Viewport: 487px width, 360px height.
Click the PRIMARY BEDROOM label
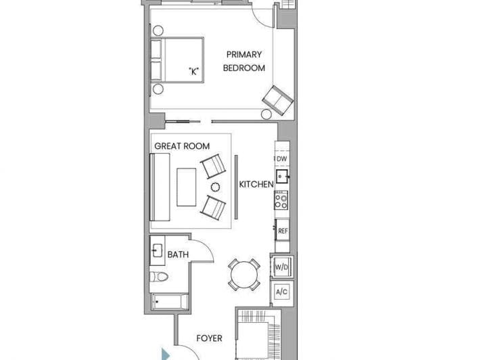click(244, 61)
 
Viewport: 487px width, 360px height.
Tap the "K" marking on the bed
click(194, 72)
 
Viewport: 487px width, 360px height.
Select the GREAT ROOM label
click(182, 146)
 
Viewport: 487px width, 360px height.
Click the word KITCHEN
click(256, 185)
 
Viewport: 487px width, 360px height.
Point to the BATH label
click(178, 254)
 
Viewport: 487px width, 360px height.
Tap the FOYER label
click(209, 338)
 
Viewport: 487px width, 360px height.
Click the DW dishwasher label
click(281, 159)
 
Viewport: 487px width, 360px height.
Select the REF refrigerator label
click(283, 231)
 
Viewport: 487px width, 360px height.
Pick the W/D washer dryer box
click(281, 267)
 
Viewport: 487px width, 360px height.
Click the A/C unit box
click(281, 292)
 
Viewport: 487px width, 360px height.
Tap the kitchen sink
click(282, 177)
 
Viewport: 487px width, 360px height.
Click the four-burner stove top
click(281, 200)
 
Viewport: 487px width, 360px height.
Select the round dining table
click(244, 275)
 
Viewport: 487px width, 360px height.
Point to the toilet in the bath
click(159, 277)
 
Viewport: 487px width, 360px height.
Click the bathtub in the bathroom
click(170, 302)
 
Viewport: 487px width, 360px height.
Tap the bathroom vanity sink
click(157, 251)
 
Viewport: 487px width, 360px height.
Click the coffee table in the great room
click(187, 187)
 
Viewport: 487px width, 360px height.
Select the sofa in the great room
click(160, 187)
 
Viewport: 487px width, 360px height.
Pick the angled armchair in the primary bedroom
click(278, 100)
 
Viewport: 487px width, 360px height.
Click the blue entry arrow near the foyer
click(166, 354)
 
